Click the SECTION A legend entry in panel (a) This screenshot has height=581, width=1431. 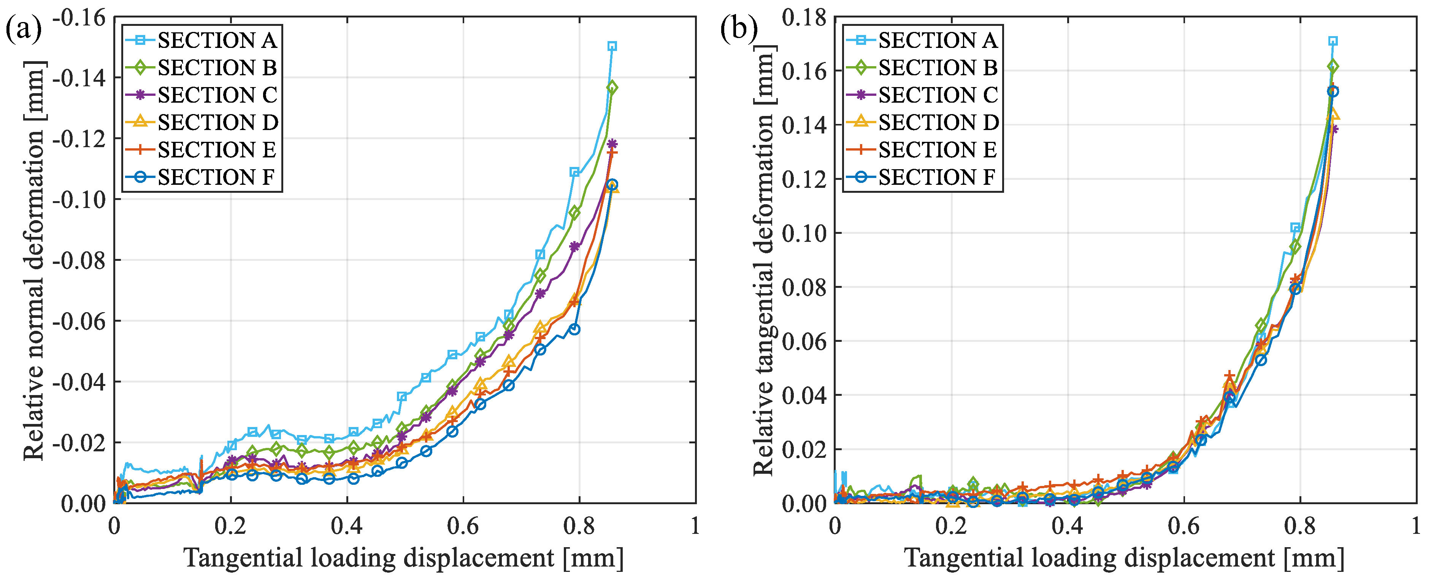201,40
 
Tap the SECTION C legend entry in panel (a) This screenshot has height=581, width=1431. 201,95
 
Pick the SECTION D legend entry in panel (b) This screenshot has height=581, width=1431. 922,122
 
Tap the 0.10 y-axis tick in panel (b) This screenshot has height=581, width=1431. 804,233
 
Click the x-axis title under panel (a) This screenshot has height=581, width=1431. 404,558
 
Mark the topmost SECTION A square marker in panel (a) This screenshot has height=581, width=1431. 612,46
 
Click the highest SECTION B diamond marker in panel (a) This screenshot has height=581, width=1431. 612,87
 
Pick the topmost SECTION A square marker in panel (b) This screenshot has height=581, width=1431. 1332,41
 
